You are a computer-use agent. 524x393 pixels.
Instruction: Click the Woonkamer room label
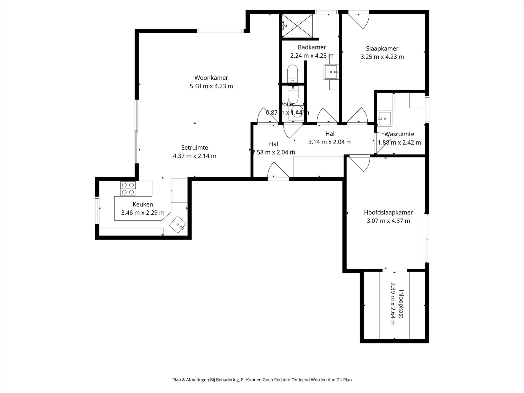211,78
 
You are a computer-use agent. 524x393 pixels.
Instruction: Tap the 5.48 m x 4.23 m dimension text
211,86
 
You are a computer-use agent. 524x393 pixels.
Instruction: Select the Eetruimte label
194,148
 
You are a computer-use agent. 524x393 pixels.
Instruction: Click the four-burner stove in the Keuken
128,189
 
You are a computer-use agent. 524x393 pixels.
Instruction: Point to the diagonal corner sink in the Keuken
178,225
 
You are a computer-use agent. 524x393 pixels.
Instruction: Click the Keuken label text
143,204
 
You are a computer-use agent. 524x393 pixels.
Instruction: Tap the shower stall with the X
297,26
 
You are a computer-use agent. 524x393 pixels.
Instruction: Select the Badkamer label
312,47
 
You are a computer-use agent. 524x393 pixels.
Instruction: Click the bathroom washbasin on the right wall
331,72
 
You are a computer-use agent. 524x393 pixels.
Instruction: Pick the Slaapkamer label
382,48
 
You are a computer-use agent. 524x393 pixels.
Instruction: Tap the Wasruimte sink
384,119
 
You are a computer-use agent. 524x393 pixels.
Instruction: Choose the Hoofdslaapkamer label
388,212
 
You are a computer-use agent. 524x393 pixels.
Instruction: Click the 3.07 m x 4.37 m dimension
388,221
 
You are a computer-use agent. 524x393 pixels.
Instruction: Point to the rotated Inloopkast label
401,304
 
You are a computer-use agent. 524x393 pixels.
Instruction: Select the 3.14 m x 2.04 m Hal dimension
330,142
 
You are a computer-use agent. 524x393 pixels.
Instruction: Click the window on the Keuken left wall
97,210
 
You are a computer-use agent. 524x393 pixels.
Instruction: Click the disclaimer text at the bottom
262,380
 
